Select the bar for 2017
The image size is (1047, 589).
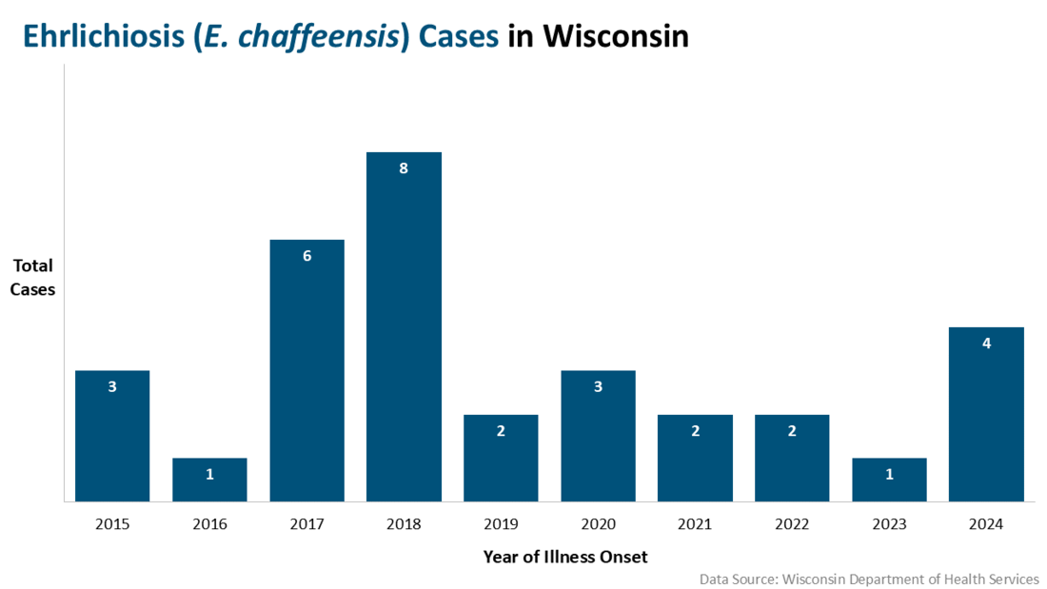306,370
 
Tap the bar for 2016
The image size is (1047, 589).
209,480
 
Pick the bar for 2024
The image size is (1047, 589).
986,414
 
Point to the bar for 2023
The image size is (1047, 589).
889,480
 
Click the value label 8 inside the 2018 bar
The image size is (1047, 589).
404,168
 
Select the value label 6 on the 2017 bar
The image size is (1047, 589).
306,256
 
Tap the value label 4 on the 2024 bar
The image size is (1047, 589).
986,344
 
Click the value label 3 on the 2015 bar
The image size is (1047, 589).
112,387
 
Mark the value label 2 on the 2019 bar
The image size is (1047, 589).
501,431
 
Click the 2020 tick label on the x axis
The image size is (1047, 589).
598,524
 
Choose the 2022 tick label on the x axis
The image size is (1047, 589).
792,524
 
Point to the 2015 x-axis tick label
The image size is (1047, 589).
112,524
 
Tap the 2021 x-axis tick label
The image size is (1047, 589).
695,524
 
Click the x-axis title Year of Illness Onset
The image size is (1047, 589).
564,557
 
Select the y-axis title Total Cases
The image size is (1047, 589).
32,277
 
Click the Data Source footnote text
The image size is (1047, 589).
869,579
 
